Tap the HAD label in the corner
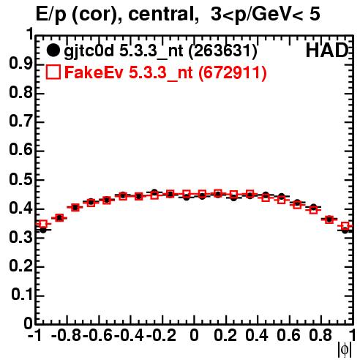click(327, 50)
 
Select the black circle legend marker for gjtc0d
click(53, 50)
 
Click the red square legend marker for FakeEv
click(53, 72)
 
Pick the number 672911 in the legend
click(233, 72)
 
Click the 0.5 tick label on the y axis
click(20, 180)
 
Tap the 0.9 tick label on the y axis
click(20, 64)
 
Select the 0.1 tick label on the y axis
click(21, 295)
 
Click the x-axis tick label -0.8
click(67, 335)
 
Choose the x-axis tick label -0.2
click(161, 335)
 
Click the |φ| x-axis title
click(345, 350)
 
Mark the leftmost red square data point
click(43, 224)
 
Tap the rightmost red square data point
click(345, 226)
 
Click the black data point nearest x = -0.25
click(154, 192)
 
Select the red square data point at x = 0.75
click(313, 210)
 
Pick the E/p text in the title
click(51, 15)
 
